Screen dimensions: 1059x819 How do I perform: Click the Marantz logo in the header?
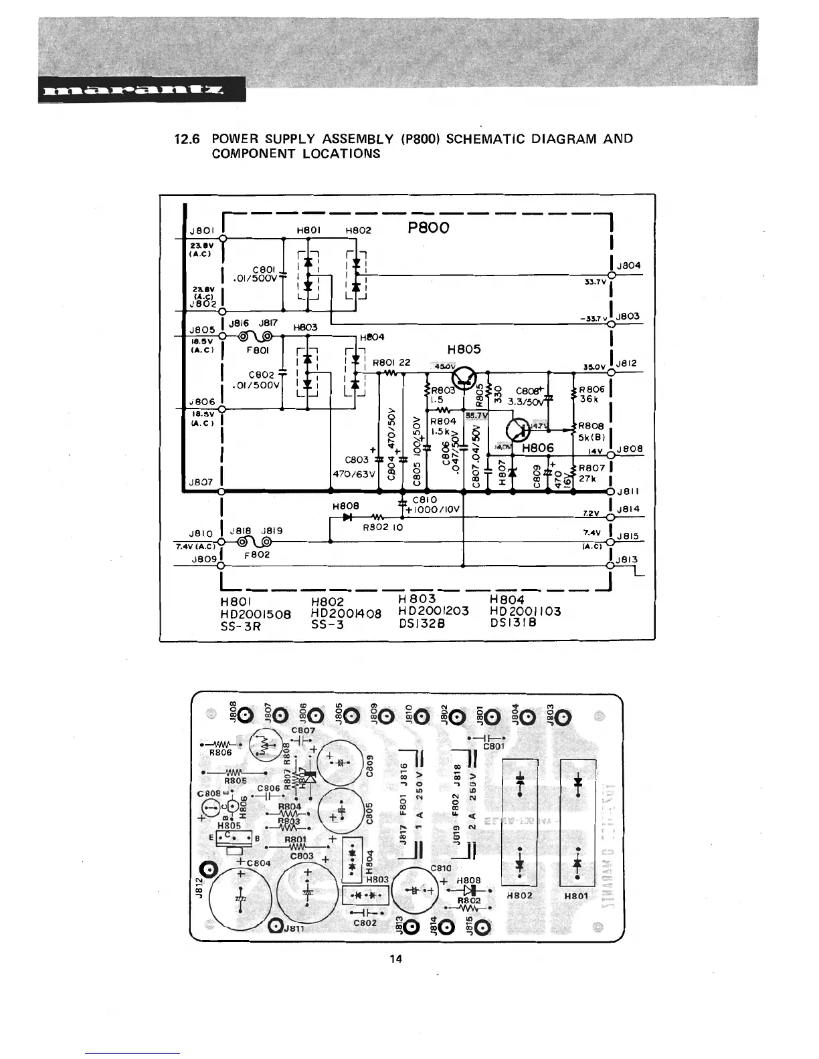[142, 90]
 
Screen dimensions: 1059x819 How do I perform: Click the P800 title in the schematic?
[428, 227]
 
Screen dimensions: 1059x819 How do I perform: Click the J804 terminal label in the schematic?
[629, 265]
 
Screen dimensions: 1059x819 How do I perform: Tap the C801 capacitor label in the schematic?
[264, 269]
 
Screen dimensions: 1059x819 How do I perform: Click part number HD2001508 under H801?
[256, 614]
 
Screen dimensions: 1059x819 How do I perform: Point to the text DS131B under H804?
[514, 623]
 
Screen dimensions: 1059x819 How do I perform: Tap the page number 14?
[396, 959]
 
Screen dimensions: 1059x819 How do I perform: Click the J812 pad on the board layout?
[209, 870]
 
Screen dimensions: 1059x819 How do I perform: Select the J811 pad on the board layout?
[276, 926]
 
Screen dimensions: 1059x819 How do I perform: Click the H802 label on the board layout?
[520, 895]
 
